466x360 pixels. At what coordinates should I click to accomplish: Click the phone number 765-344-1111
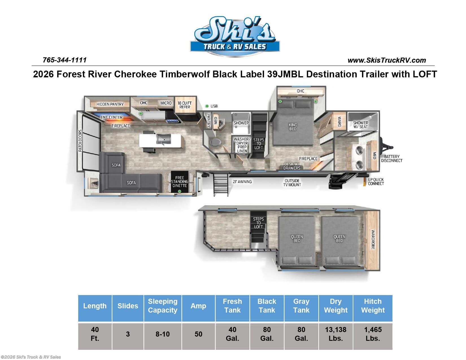[65, 60]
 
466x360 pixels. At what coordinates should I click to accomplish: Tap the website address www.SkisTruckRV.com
[387, 60]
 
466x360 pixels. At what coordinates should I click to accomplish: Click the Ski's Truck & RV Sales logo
[235, 36]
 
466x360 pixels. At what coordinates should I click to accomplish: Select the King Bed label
[293, 127]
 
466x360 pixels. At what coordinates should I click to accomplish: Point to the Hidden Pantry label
[110, 104]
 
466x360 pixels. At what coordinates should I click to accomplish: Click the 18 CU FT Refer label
[185, 105]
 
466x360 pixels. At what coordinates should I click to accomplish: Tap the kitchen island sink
[164, 139]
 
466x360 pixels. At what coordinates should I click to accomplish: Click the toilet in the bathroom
[215, 142]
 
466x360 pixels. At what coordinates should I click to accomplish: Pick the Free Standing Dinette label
[180, 182]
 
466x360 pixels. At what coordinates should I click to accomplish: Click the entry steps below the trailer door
[221, 184]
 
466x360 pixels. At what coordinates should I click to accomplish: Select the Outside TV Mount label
[292, 183]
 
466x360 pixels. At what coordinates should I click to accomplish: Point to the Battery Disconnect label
[392, 158]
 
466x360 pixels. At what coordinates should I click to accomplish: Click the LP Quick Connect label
[376, 182]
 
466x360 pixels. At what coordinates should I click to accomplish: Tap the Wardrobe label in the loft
[373, 239]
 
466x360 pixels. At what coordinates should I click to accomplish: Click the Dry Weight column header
[336, 306]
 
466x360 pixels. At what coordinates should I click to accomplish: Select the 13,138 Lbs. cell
[336, 334]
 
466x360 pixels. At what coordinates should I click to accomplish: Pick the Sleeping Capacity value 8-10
[163, 334]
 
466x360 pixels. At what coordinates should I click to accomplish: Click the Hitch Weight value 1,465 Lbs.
[373, 334]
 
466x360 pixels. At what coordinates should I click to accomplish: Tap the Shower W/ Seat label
[360, 125]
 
